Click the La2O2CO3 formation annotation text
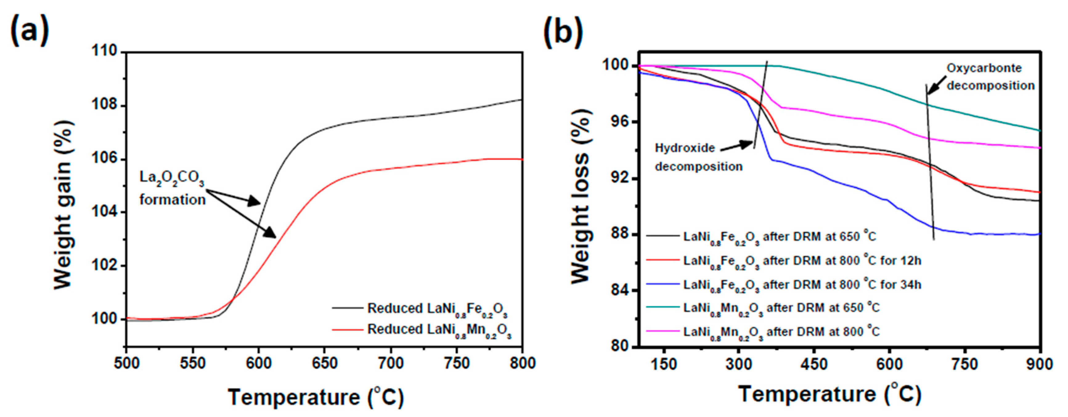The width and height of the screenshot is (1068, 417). [172, 188]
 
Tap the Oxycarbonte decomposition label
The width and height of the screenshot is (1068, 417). [990, 77]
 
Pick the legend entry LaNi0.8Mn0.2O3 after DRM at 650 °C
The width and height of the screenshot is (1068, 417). [781, 308]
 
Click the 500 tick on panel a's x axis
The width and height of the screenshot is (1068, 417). [127, 363]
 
